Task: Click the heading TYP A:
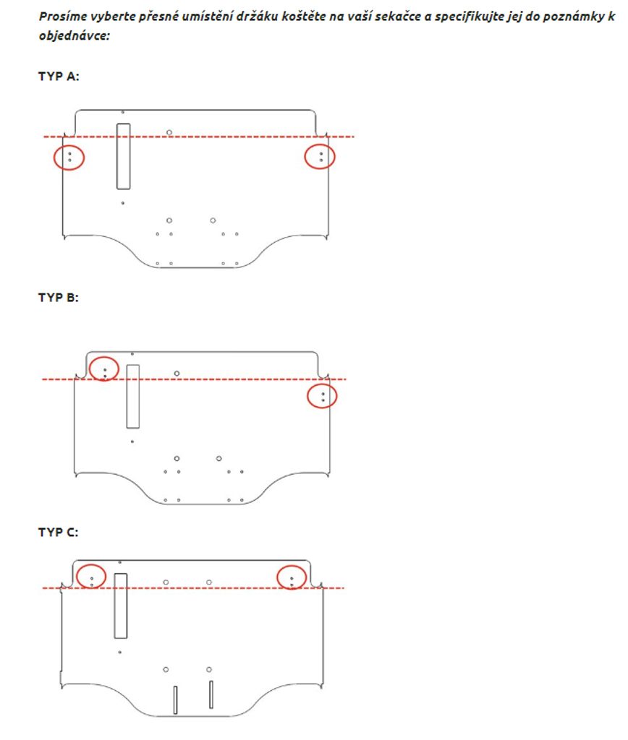(59, 77)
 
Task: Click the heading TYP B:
(59, 298)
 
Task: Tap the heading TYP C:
(59, 533)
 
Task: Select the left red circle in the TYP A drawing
(54, 157)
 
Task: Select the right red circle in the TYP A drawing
(305, 157)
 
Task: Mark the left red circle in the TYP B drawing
(89, 369)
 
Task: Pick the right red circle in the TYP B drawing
(307, 396)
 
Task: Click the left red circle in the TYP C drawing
(77, 576)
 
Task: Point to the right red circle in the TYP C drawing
(277, 577)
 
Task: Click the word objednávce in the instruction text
(75, 36)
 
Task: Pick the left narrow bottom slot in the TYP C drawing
(175, 700)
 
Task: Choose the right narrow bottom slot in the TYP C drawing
(211, 694)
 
